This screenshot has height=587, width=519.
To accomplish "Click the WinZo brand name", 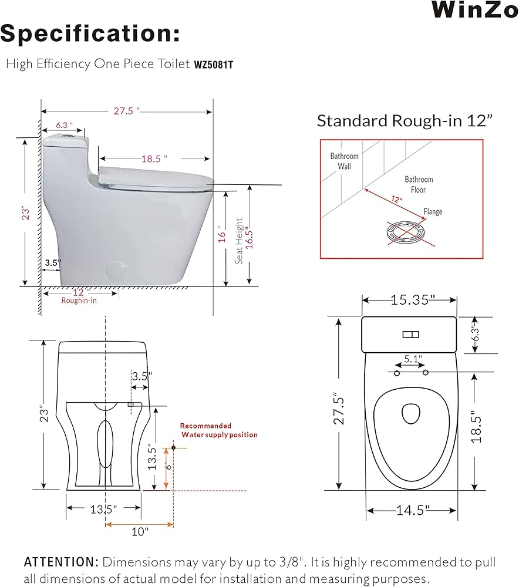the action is tap(475, 9).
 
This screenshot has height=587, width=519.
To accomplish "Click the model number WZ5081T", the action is tap(214, 65).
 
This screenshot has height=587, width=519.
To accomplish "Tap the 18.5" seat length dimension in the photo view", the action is tap(154, 158).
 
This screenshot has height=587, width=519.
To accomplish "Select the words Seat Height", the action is tap(239, 241).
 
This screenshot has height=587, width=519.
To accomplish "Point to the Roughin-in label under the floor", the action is tap(79, 300).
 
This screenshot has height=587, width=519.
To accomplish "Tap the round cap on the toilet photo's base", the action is tap(117, 270).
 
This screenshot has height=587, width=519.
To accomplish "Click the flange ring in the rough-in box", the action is tap(406, 230).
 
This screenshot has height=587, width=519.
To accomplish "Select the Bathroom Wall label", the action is tap(344, 161).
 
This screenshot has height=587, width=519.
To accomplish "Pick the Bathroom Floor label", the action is tap(419, 184).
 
